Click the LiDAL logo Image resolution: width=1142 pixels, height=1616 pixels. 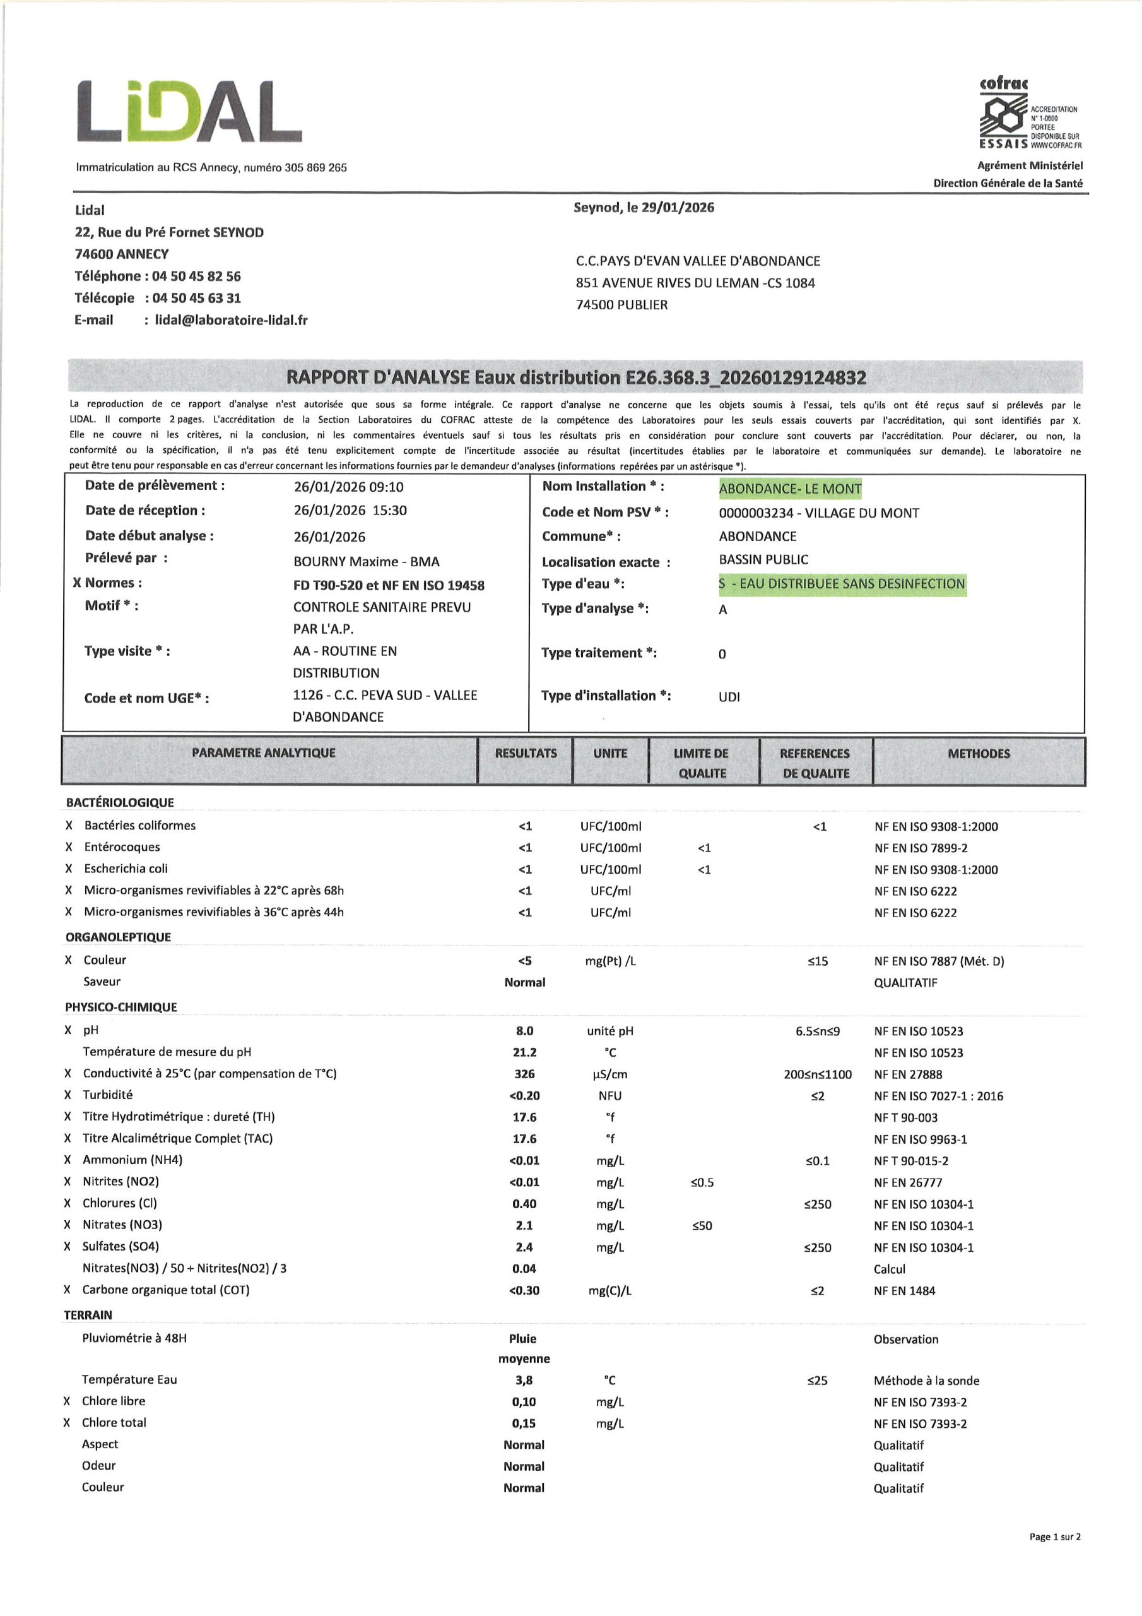click(189, 111)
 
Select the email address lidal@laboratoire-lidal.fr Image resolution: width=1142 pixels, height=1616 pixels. click(231, 320)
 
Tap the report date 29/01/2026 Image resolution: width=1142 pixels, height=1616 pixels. click(678, 208)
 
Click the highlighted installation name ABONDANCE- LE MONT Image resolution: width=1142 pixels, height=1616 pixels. click(789, 489)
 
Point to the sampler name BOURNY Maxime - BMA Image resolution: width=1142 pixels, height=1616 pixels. click(366, 562)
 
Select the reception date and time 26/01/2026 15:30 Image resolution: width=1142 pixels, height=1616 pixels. click(350, 511)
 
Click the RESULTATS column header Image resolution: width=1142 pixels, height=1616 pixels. click(526, 754)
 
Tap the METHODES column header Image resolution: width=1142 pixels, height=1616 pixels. click(978, 754)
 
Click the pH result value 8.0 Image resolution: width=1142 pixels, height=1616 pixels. click(525, 1031)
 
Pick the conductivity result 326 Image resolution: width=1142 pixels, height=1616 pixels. click(525, 1074)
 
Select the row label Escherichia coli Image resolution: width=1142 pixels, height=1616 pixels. click(126, 869)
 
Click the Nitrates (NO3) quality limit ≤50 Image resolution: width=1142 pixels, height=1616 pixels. click(702, 1226)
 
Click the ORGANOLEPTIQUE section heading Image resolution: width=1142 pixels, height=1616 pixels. click(118, 937)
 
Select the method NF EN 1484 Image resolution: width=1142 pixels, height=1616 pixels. click(904, 1291)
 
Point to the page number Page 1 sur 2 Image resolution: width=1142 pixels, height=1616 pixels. click(1054, 1557)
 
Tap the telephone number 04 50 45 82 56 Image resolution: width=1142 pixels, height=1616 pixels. click(196, 276)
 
